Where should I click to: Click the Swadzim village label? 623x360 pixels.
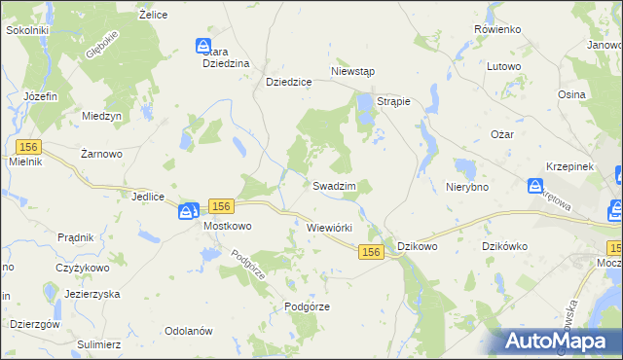coord(333,185)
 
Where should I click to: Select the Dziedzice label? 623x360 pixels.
coord(288,83)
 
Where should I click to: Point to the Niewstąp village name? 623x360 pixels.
coord(353,72)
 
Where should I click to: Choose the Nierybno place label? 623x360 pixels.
coord(466,187)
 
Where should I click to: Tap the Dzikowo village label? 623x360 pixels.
coord(418,246)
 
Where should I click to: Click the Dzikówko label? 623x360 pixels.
coord(505,246)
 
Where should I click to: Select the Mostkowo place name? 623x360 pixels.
coord(227,226)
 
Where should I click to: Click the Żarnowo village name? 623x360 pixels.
coord(100,154)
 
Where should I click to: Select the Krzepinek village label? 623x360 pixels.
coord(569,167)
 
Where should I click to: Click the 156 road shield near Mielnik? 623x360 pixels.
coord(27,145)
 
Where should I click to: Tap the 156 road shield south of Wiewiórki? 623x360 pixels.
coord(370,252)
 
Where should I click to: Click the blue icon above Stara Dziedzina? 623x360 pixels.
coord(203,46)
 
